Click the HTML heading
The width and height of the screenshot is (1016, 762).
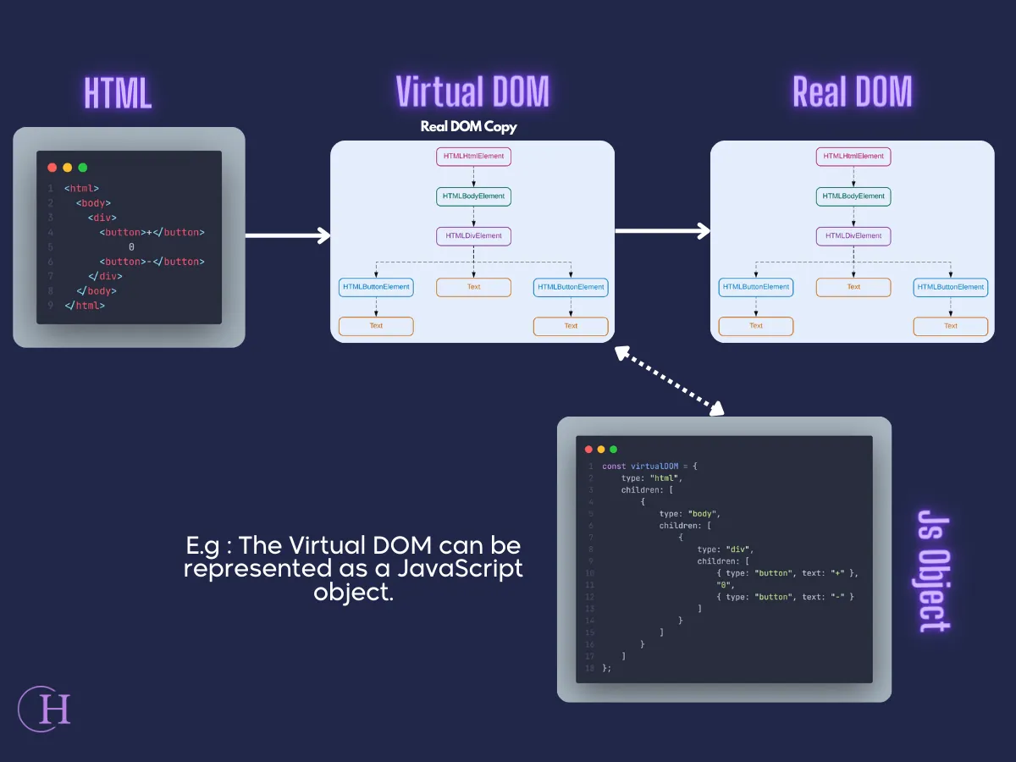point(118,92)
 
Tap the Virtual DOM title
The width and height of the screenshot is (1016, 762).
point(472,91)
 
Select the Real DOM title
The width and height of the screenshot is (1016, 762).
point(852,91)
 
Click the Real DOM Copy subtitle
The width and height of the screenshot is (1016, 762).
point(468,127)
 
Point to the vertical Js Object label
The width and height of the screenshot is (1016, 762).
point(934,571)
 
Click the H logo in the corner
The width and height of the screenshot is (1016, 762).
point(45,709)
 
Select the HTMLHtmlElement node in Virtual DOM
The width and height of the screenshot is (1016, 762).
point(473,157)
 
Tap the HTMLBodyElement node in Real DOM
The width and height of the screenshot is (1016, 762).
point(853,196)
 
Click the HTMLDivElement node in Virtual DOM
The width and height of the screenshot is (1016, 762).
point(473,236)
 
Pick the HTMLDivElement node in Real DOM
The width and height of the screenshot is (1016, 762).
point(853,236)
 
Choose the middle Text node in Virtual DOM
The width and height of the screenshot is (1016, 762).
point(473,287)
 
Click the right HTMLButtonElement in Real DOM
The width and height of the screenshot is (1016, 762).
point(950,287)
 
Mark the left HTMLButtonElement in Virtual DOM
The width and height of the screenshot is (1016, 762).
point(376,287)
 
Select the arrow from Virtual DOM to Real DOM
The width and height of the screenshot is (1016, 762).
point(662,229)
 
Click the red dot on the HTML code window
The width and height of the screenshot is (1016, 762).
point(52,168)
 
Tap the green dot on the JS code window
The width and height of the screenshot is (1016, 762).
point(614,450)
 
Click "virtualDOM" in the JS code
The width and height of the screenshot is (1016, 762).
point(654,467)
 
